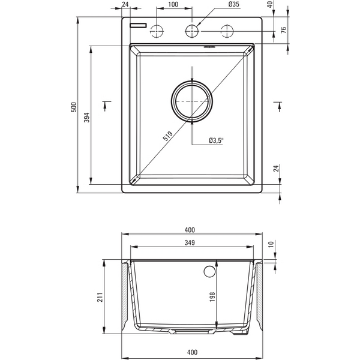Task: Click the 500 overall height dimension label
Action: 74,107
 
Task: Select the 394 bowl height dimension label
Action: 87,118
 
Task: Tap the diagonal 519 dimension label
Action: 167,136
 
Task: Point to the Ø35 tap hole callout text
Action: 234,4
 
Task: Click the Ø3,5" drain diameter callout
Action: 216,140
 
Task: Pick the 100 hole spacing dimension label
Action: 173,4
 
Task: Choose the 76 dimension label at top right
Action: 284,30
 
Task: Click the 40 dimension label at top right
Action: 271,4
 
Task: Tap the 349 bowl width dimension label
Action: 190,242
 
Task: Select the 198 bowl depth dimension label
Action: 212,297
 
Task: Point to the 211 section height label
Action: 100,298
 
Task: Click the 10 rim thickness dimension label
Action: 271,244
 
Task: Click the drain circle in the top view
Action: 192,101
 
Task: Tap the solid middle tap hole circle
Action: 192,31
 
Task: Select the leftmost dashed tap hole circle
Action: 157,31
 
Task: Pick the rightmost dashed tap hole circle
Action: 227,31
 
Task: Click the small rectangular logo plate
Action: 138,25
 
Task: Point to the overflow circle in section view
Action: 209,271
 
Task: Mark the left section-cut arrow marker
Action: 106,106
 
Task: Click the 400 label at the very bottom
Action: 193,352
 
